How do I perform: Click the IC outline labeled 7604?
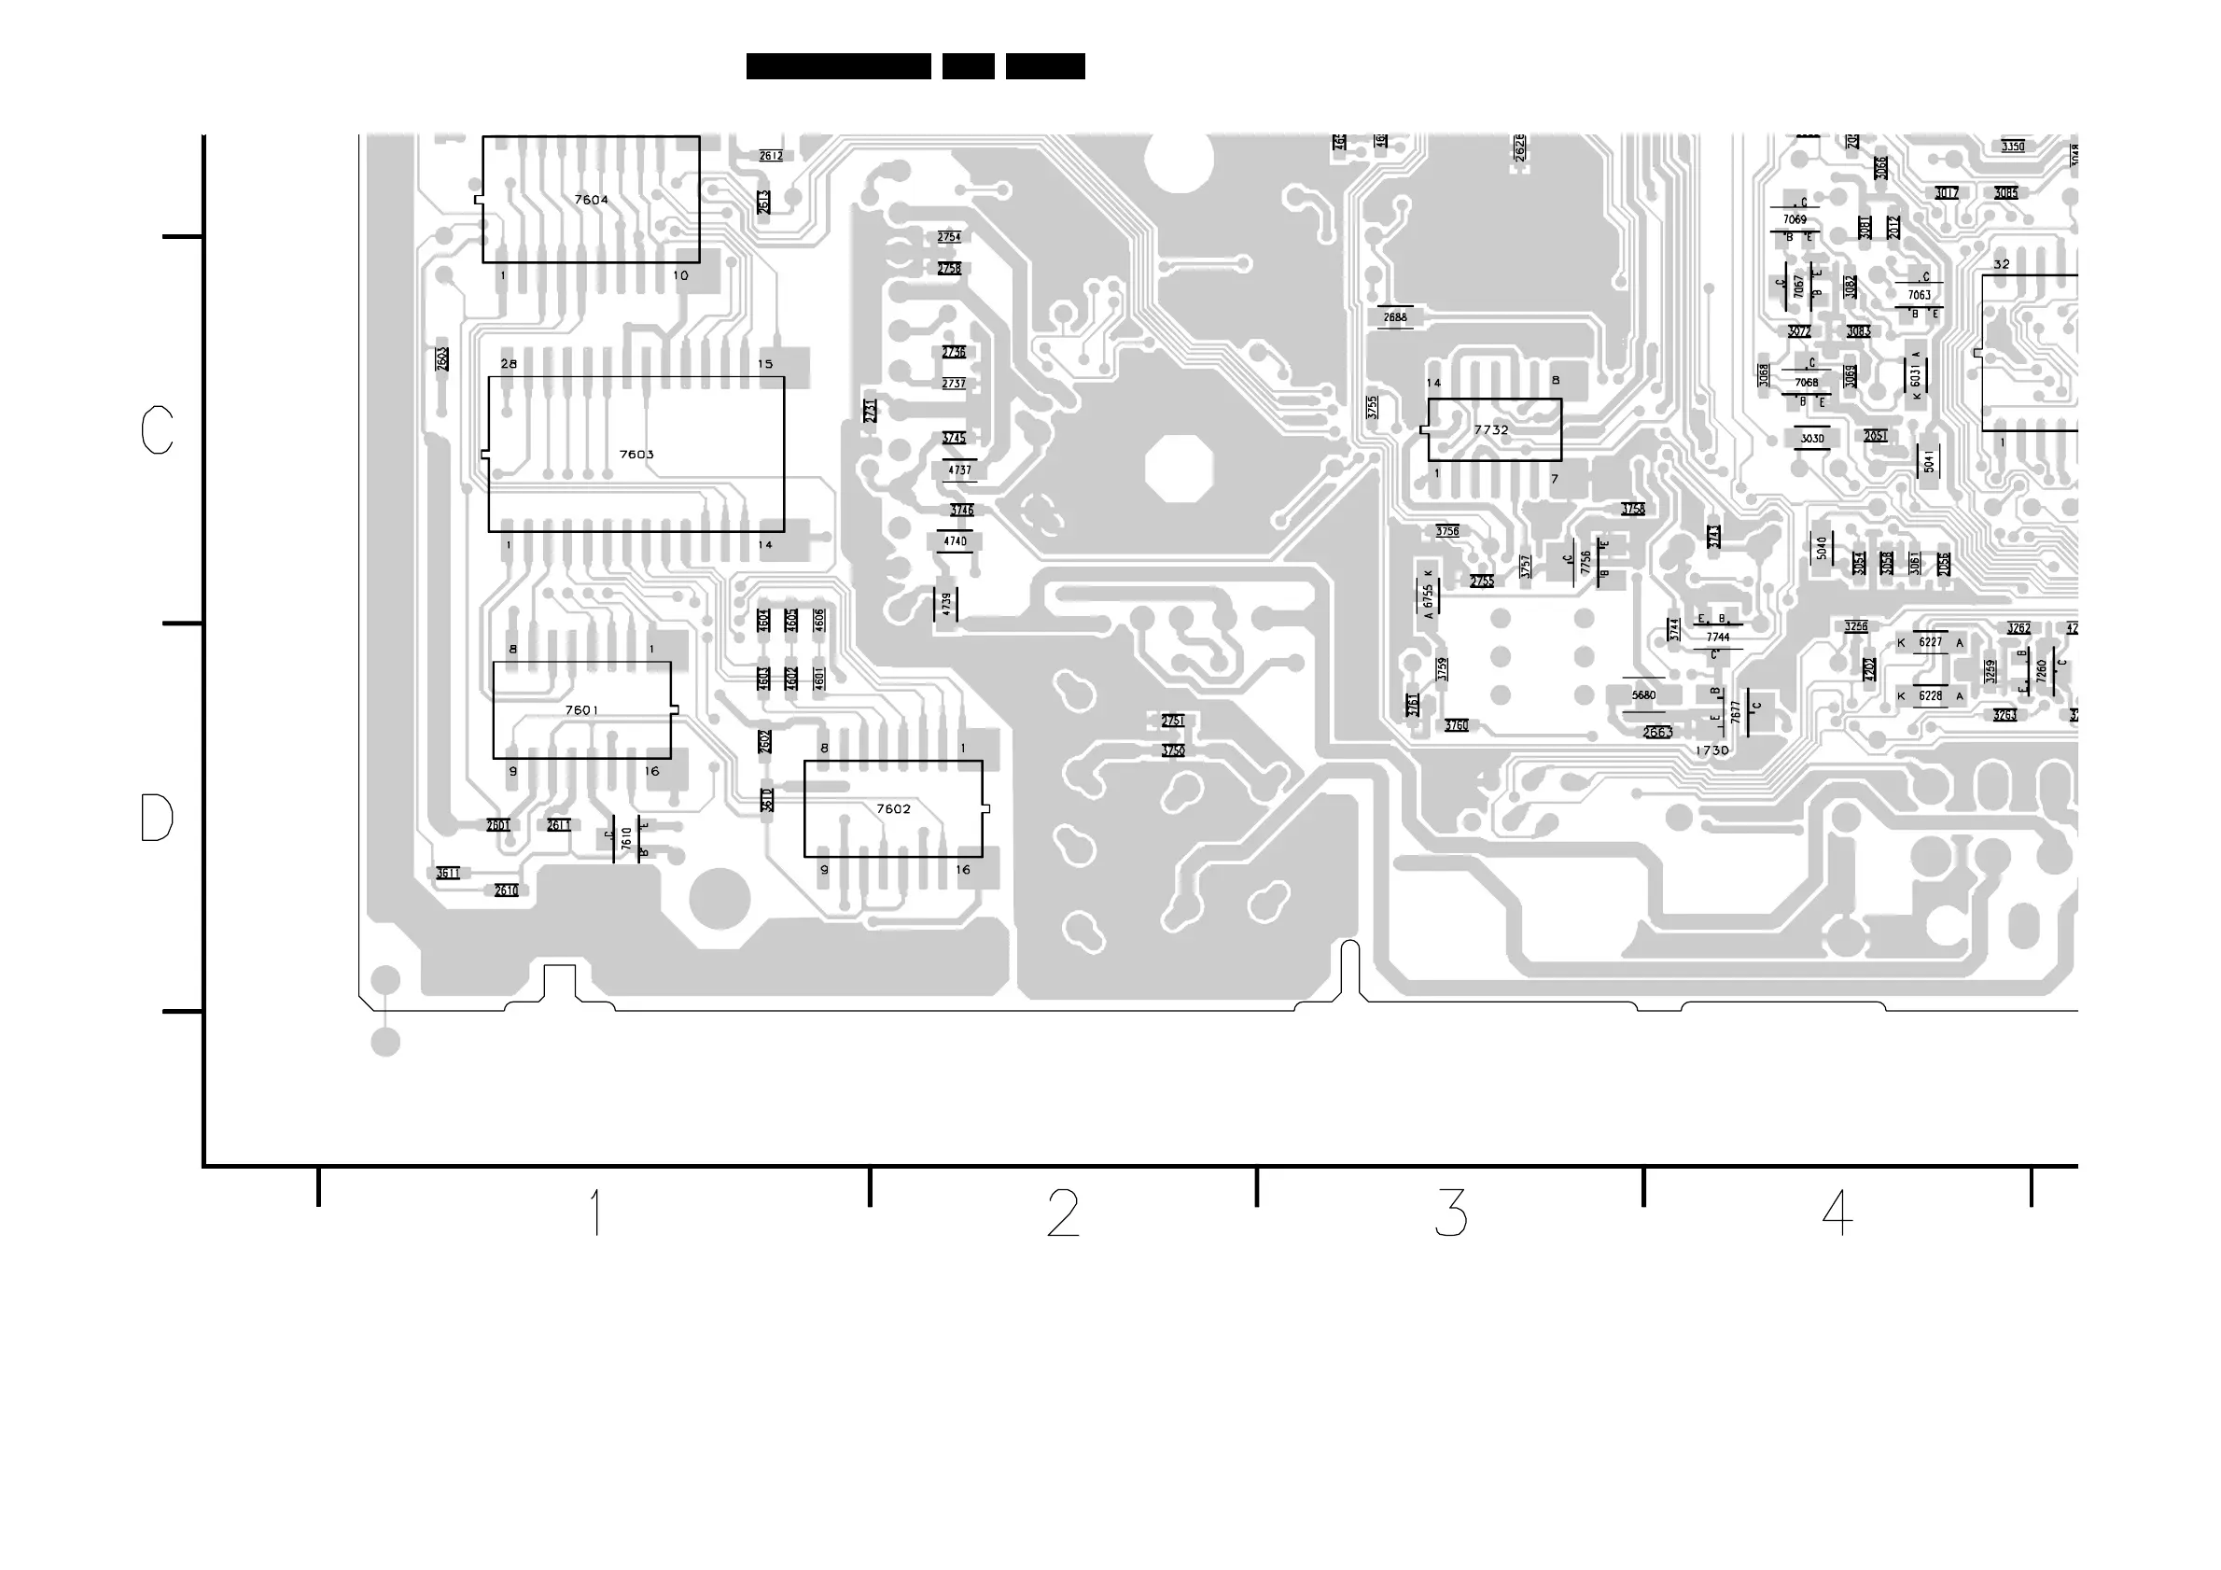coord(591,199)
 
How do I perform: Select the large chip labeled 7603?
coord(636,454)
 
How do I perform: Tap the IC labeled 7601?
coord(581,710)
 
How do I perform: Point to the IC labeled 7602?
coord(893,808)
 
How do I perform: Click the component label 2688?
coord(1395,317)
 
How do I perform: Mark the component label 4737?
coord(959,470)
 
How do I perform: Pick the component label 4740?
coord(955,541)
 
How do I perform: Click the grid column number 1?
coord(596,1213)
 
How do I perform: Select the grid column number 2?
coord(1063,1213)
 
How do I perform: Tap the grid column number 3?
coord(1451,1213)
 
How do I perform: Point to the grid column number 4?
coord(1837,1213)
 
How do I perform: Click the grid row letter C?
coord(157,430)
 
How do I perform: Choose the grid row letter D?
coord(157,819)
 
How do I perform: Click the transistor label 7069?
coord(1795,219)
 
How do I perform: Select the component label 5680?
coord(1643,695)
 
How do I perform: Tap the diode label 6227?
coord(1930,642)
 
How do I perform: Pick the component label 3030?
coord(1812,438)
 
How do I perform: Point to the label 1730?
coord(1711,750)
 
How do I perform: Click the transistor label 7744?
coord(1718,638)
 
